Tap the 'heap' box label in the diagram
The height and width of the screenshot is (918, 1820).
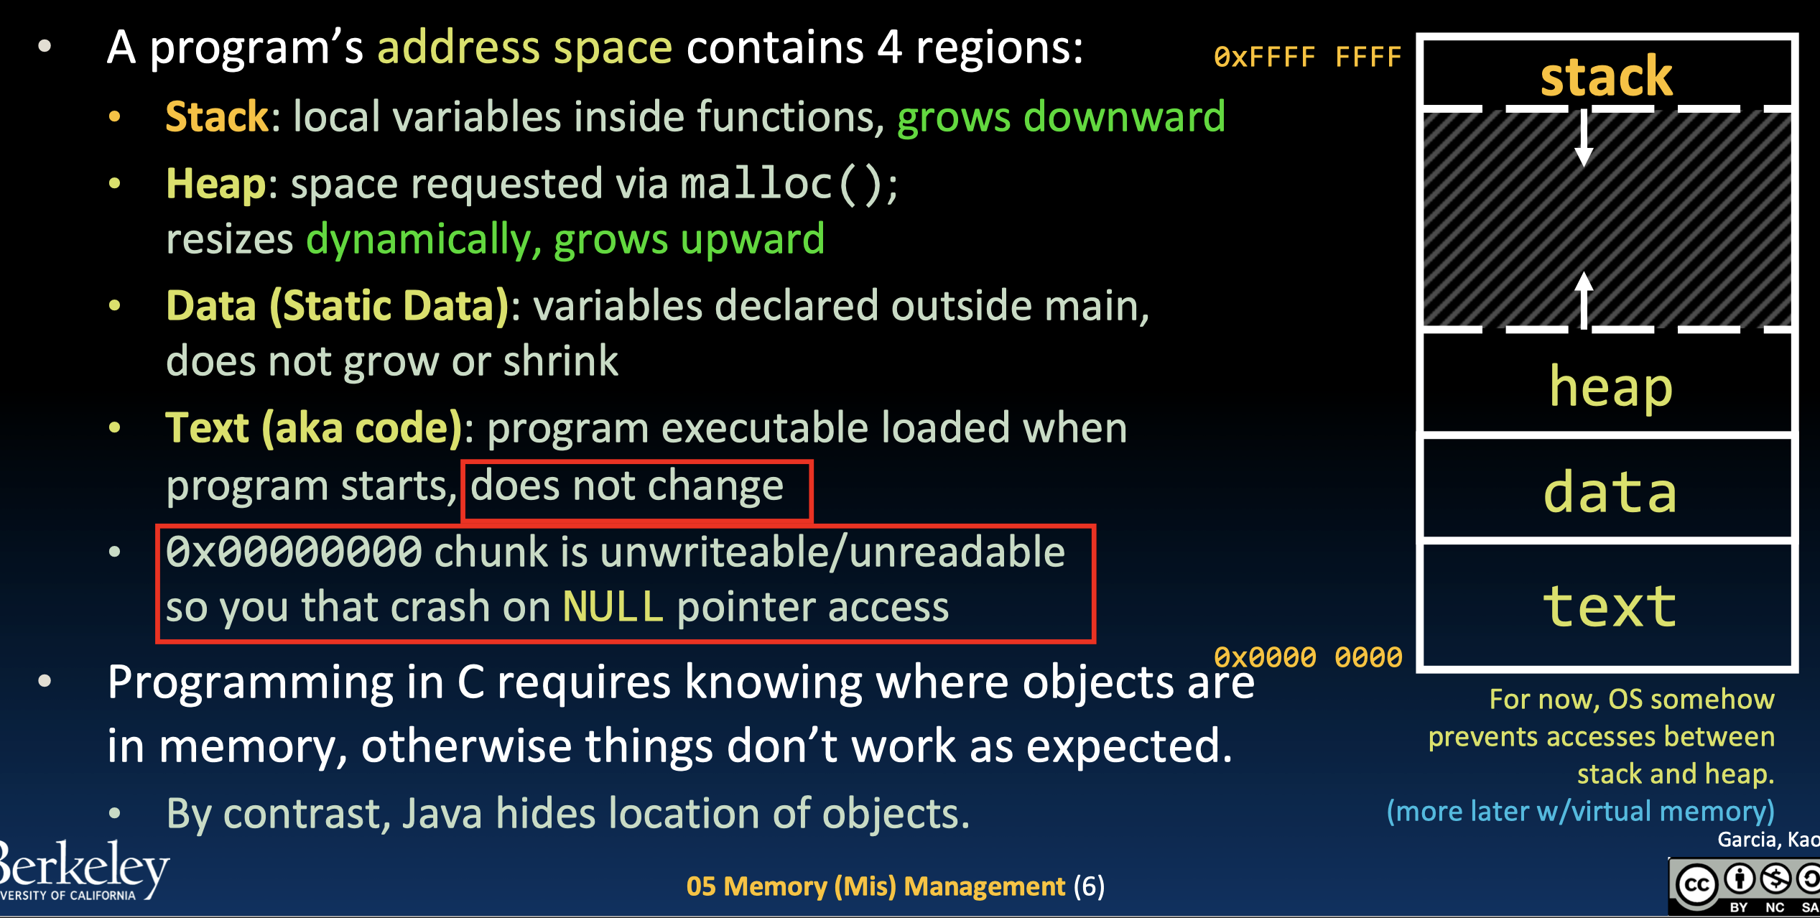(x=1611, y=387)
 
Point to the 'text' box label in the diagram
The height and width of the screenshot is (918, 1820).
(x=1610, y=607)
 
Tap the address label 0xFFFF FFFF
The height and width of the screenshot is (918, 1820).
(x=1307, y=57)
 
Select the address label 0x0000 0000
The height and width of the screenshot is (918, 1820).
(x=1307, y=657)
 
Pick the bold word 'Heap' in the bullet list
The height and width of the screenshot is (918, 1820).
(x=215, y=184)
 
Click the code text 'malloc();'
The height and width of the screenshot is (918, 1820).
(x=789, y=184)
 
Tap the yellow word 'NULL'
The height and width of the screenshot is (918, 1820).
(x=613, y=607)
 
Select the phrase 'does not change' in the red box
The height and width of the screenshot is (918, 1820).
(x=627, y=486)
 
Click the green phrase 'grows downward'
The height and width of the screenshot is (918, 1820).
(x=1061, y=117)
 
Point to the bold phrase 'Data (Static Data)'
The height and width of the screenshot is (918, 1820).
(x=338, y=306)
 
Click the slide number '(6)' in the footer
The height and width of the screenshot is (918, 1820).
(x=1089, y=886)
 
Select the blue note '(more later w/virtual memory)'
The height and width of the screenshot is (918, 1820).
(x=1580, y=811)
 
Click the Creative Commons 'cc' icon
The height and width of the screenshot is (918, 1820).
(x=1696, y=884)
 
